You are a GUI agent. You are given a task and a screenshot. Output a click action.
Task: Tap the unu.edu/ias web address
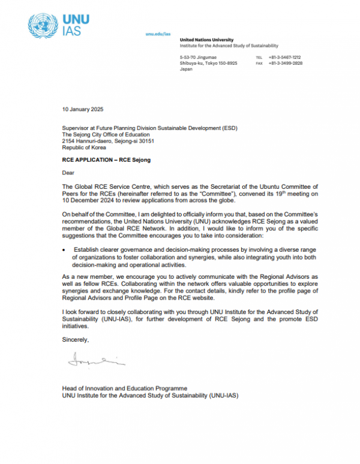tap(158, 34)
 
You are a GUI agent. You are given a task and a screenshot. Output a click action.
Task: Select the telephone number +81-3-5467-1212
tap(286, 57)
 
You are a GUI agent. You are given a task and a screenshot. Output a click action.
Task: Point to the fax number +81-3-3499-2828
tap(286, 63)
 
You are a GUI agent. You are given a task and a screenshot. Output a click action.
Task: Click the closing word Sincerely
tap(75, 340)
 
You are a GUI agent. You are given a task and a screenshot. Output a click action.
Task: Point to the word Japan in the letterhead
tap(186, 69)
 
